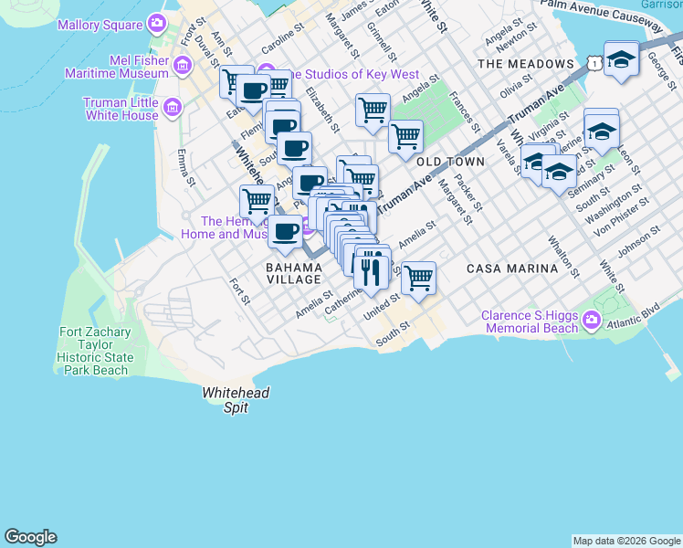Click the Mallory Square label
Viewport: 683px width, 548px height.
point(100,25)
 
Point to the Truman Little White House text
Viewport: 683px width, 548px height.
point(121,110)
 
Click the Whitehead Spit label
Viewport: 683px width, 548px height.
point(225,400)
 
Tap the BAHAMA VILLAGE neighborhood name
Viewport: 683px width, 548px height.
point(293,273)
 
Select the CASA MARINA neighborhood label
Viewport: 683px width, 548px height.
point(511,269)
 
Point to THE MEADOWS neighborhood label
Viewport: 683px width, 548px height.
point(525,64)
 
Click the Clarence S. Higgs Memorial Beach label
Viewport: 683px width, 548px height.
point(531,321)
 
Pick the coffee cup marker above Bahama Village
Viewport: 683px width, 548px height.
point(286,230)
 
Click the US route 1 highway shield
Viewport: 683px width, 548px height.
point(594,62)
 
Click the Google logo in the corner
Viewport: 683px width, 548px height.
point(30,537)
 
